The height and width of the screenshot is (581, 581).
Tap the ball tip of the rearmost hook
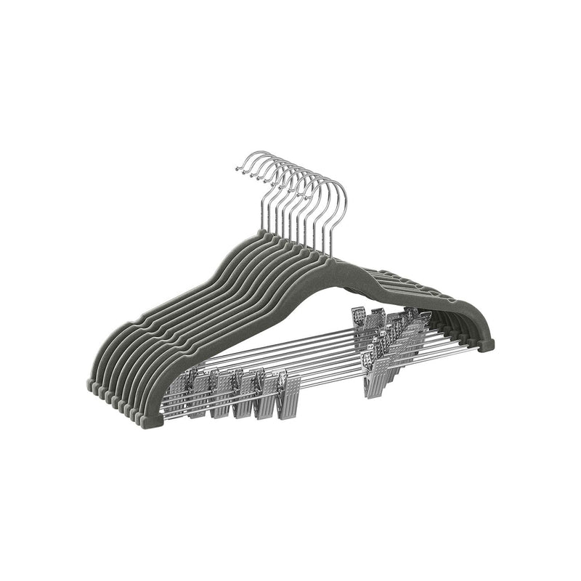click(239, 169)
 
